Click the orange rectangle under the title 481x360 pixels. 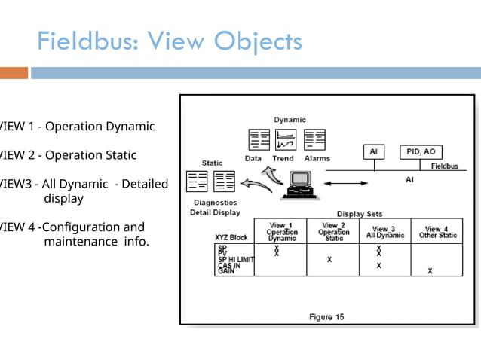click(x=14, y=73)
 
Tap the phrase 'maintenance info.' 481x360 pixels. click(x=97, y=242)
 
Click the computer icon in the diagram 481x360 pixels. click(x=300, y=185)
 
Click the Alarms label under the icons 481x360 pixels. click(x=317, y=159)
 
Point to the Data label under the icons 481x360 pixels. click(x=253, y=159)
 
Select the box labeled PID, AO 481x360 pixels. click(x=421, y=151)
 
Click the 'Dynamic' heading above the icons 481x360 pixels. click(x=290, y=119)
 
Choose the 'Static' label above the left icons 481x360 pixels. click(x=212, y=163)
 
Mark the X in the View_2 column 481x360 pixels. click(x=329, y=260)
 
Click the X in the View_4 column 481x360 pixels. click(x=430, y=271)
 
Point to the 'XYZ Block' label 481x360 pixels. click(x=231, y=237)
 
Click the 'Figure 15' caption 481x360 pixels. click(x=326, y=317)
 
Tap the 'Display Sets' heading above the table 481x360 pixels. click(x=360, y=214)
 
